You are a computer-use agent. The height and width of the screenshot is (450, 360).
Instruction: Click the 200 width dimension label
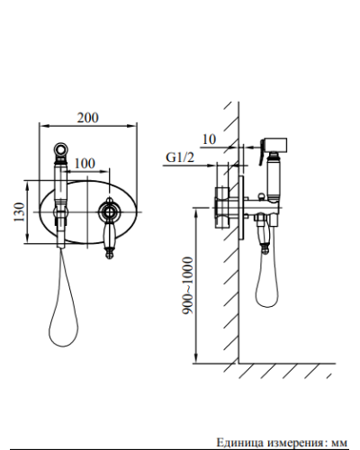tap(88, 118)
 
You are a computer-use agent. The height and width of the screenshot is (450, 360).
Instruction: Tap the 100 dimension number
tap(85, 164)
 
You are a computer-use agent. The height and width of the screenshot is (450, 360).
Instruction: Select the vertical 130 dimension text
tap(19, 212)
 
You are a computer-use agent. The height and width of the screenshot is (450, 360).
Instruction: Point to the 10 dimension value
tap(209, 139)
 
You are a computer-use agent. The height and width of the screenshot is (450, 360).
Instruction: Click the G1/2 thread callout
tap(180, 157)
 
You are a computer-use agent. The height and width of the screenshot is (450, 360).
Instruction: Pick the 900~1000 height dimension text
tap(187, 285)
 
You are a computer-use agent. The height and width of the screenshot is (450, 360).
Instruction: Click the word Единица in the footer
tap(239, 443)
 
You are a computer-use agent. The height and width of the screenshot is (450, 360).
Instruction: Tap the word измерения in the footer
tap(294, 443)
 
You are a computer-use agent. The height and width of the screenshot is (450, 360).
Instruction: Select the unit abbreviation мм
tap(339, 444)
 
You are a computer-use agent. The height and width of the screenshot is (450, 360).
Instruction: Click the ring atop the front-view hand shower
tap(61, 148)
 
